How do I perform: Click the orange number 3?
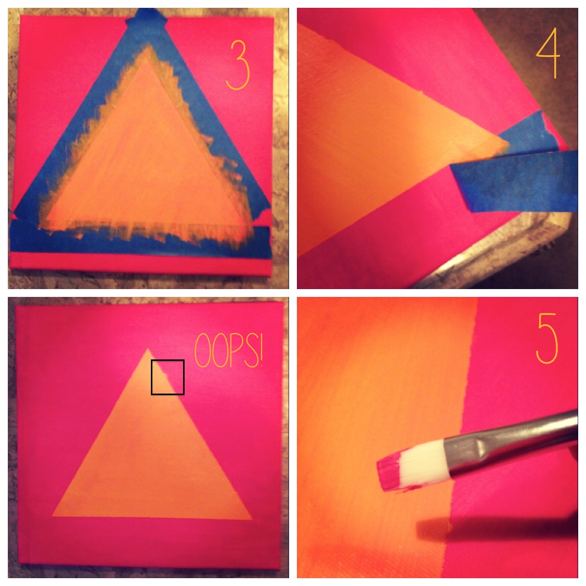click(x=238, y=65)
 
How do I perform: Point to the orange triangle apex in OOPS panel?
click(x=148, y=349)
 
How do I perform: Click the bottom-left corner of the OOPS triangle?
click(x=53, y=516)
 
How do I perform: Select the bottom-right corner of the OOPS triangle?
click(x=252, y=519)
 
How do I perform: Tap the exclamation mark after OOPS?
click(x=259, y=350)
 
